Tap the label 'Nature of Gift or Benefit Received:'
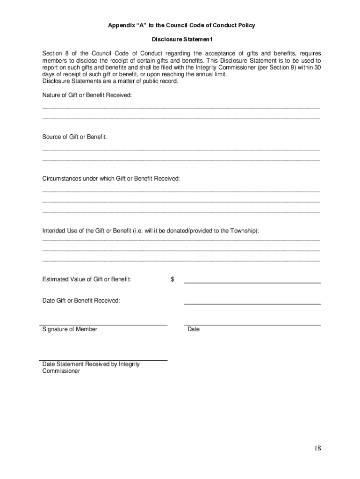click(87, 95)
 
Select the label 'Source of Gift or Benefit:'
click(75, 137)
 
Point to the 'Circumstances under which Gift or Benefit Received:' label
click(111, 179)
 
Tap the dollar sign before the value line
click(173, 279)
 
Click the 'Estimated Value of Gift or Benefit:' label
click(86, 279)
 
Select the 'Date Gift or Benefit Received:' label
click(81, 300)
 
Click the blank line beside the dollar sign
click(252, 283)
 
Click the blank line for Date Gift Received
click(252, 304)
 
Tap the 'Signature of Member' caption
click(70, 329)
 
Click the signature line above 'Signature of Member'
click(104, 324)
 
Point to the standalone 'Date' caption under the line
click(194, 329)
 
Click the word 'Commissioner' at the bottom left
click(61, 371)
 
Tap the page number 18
click(317, 448)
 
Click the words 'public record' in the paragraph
click(161, 81)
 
